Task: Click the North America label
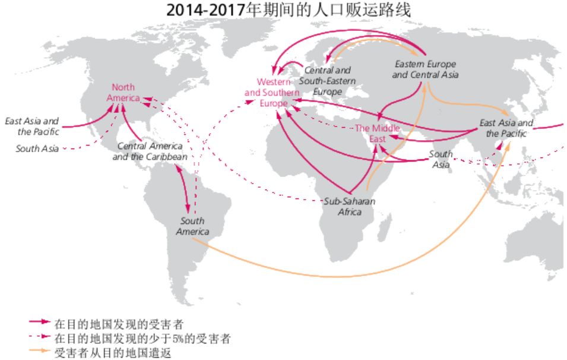click(123, 93)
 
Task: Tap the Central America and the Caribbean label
click(150, 151)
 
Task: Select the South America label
click(192, 226)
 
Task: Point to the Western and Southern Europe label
click(272, 92)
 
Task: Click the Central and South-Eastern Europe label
click(328, 81)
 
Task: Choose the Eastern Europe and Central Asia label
click(425, 69)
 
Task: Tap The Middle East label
click(377, 134)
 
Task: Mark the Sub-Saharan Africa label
click(350, 206)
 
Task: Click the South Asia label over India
click(441, 159)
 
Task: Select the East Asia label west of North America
click(32, 126)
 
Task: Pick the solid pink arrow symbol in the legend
click(38, 324)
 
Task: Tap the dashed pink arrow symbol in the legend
click(38, 338)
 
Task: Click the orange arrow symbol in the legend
click(38, 352)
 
